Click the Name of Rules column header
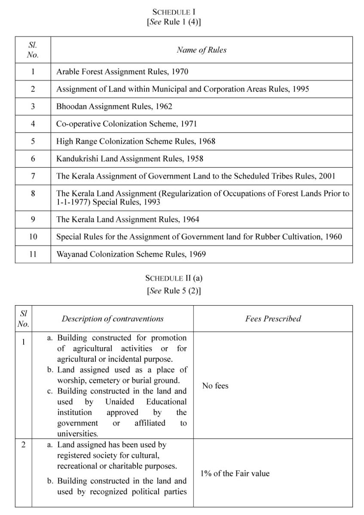coord(201,50)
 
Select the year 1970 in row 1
coord(180,72)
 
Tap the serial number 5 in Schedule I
coord(33,141)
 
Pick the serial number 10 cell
coord(33,236)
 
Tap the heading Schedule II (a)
coord(174,278)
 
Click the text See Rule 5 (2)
coord(174,291)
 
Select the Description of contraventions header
coord(113,318)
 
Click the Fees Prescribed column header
coord(273,318)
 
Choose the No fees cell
coord(215,386)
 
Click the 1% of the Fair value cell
coord(235,473)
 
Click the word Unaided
coord(119,402)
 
